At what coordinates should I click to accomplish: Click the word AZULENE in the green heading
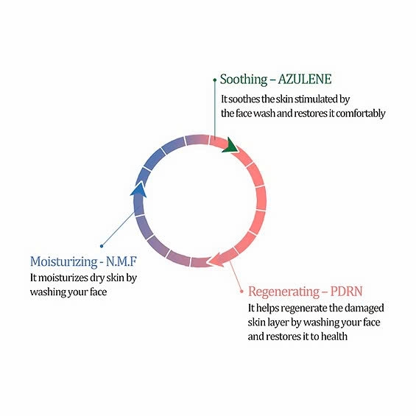point(305,79)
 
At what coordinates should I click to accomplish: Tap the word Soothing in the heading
point(244,80)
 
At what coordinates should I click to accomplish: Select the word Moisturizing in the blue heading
point(64,261)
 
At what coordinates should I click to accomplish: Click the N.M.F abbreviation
point(121,261)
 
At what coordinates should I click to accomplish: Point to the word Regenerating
point(283,292)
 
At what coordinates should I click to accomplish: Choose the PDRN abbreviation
point(347,292)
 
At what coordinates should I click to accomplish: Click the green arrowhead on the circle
point(230,145)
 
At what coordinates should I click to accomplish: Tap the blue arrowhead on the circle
point(138,189)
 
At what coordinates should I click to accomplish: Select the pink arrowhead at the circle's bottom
point(216,259)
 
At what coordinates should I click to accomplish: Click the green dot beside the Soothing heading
point(215,80)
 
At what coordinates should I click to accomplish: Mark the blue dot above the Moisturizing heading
point(102,246)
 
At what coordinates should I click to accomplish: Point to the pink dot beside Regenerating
point(242,292)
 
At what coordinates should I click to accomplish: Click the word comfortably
point(361,113)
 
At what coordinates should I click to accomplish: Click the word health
point(334,336)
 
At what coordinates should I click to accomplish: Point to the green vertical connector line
point(215,109)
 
